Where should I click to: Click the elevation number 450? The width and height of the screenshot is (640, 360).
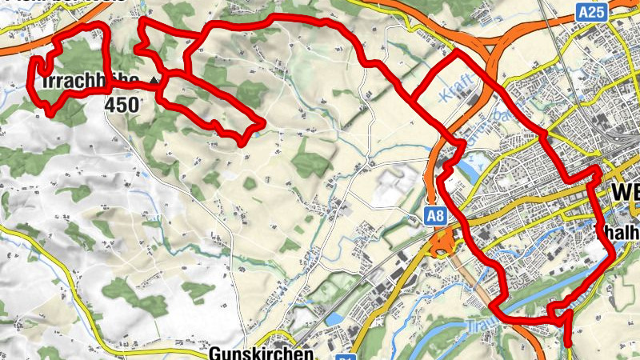pos(122,104)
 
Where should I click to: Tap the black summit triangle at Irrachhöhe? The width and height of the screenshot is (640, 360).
pos(153,81)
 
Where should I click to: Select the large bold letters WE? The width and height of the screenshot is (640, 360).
pos(624,194)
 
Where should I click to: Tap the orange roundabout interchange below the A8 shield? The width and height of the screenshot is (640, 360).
pos(442,245)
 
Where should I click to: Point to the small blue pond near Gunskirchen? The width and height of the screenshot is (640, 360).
pos(333,318)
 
